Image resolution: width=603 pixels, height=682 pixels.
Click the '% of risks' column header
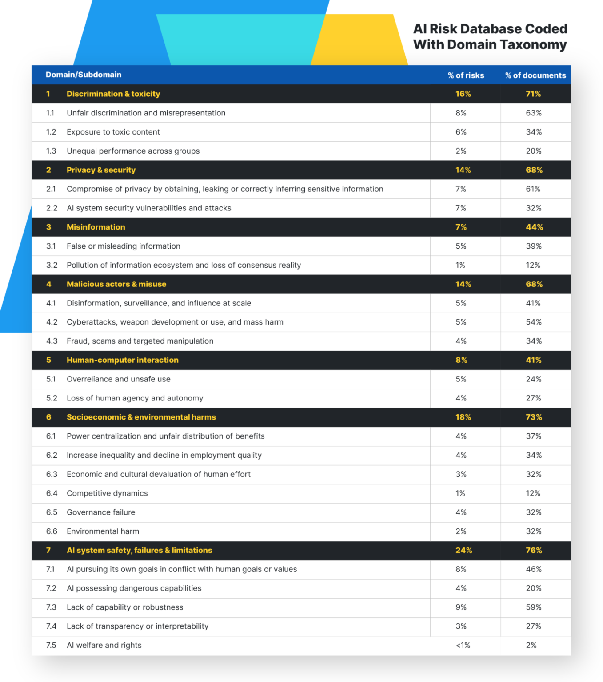466,75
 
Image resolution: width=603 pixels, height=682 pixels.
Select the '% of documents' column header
535,75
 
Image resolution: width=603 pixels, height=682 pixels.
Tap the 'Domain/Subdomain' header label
83,75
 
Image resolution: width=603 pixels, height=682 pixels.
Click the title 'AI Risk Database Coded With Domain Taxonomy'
490,36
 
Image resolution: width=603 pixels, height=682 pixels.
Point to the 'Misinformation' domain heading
96,227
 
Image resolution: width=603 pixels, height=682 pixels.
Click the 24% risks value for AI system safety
463,550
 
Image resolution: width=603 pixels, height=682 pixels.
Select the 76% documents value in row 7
534,550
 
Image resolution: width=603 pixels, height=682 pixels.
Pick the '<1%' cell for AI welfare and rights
463,645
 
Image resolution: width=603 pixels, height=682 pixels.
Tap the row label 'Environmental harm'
103,531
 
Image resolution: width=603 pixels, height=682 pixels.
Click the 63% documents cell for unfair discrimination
534,113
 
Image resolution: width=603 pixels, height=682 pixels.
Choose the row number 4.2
52,322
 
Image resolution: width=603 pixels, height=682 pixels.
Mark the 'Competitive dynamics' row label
107,493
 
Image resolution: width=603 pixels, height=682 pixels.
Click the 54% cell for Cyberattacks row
534,322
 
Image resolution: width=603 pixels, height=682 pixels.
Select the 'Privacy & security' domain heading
101,170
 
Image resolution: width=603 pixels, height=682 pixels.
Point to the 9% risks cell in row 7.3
461,607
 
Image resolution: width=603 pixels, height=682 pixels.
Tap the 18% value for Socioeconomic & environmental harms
463,417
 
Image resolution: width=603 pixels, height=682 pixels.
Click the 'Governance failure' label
101,512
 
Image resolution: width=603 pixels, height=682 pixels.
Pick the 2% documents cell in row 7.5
531,645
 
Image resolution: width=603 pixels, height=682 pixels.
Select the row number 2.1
51,189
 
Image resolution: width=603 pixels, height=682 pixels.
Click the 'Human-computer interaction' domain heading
122,360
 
